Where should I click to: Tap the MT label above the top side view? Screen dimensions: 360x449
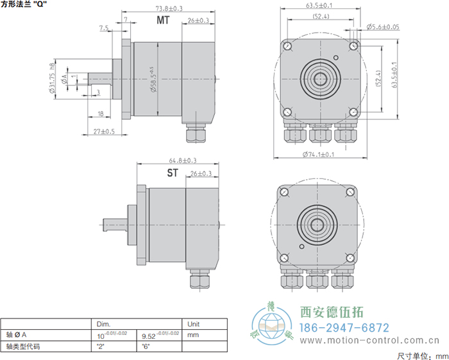coord(164,21)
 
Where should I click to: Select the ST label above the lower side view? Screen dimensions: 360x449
coord(173,173)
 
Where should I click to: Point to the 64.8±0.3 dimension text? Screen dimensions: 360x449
coord(183,160)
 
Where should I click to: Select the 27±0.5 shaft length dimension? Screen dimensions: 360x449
coord(104,132)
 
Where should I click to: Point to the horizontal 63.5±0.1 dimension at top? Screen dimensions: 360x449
coord(319,6)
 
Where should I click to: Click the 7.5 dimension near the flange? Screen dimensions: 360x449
coord(104,28)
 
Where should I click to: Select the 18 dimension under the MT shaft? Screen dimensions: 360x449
coord(101,114)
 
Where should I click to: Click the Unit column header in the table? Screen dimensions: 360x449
coord(192,323)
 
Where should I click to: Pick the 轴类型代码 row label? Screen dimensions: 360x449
coord(23,346)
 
